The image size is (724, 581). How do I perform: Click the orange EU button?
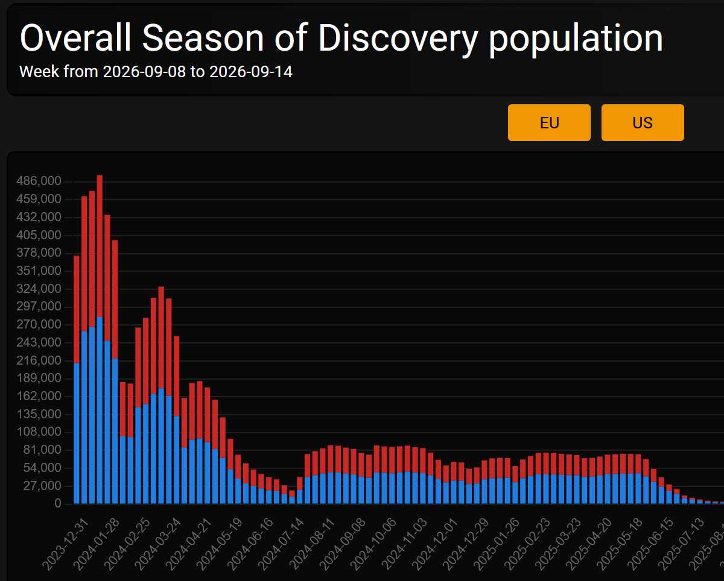click(x=549, y=123)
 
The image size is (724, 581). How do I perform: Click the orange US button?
click(x=643, y=123)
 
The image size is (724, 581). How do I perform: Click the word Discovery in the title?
click(x=398, y=39)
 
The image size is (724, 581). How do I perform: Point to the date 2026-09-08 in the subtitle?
click(x=144, y=72)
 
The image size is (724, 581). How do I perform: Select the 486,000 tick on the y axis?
click(x=39, y=181)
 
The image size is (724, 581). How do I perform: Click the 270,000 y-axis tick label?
click(x=39, y=324)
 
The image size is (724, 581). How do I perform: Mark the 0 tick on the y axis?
click(x=58, y=503)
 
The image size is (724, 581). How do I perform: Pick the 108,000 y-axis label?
click(x=39, y=432)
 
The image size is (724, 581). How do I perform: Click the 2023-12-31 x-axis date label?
click(x=66, y=544)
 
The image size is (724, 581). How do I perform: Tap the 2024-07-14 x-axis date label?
click(x=282, y=544)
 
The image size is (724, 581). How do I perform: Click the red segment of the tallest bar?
click(x=100, y=246)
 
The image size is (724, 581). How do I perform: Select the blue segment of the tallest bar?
click(x=100, y=410)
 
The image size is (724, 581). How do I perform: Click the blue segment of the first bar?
click(x=77, y=433)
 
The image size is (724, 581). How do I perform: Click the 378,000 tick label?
click(x=39, y=253)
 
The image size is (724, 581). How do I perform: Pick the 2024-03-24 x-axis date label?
click(x=159, y=544)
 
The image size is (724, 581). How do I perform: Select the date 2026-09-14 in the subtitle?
click(x=251, y=72)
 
